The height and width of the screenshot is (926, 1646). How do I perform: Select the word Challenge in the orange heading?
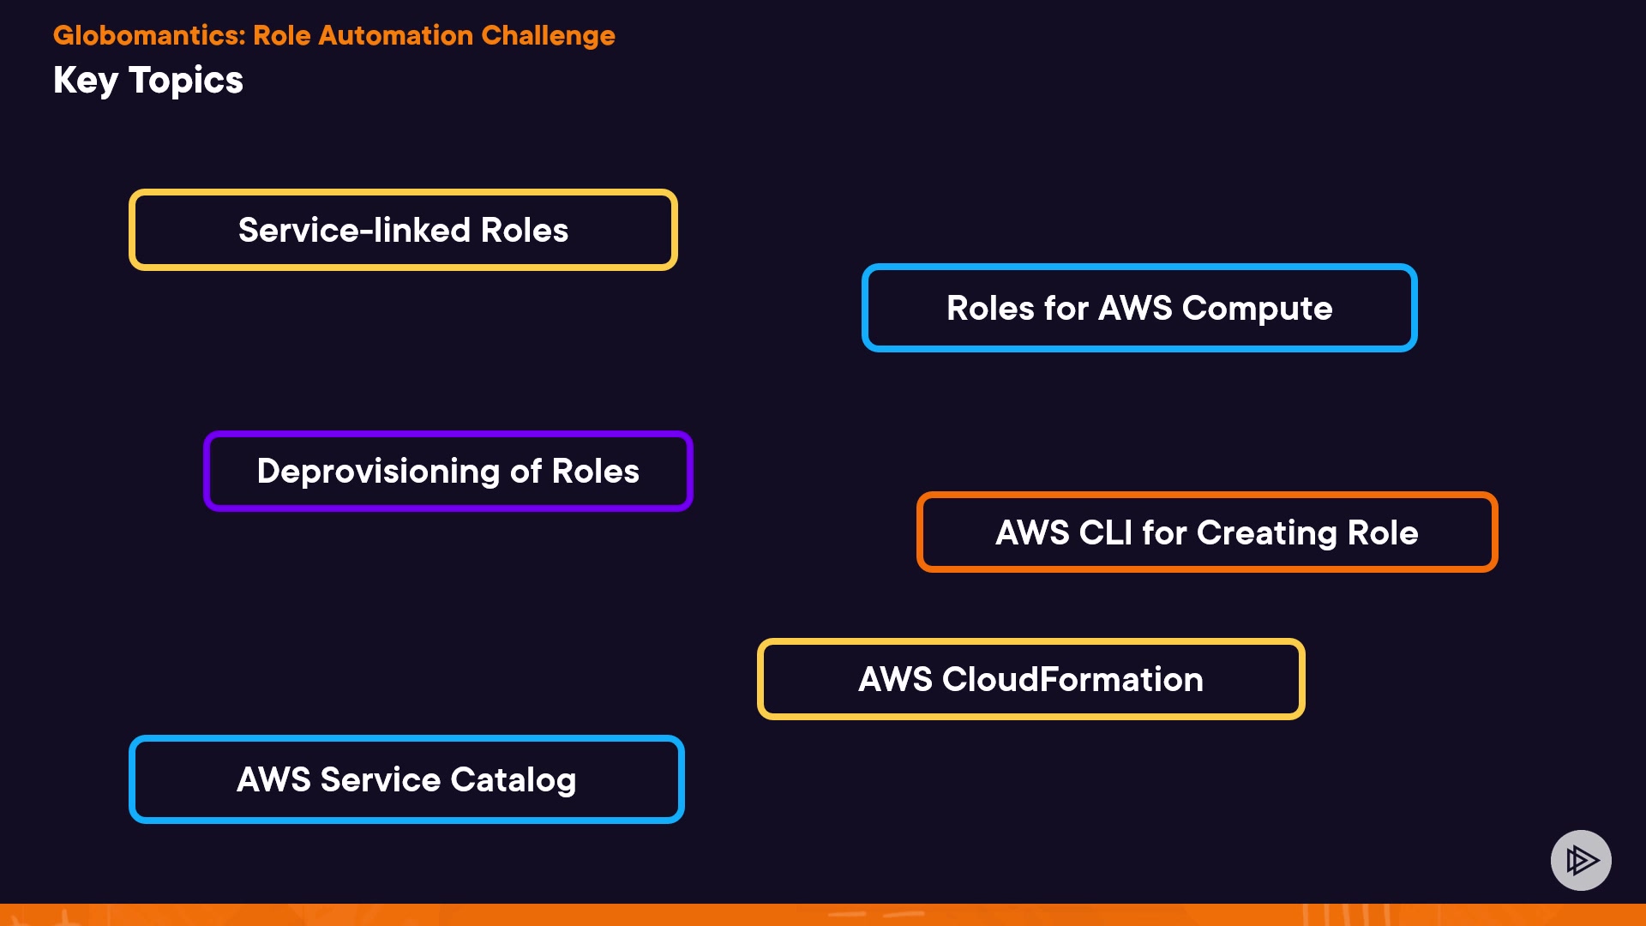[548, 35]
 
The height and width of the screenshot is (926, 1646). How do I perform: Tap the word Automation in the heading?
[395, 35]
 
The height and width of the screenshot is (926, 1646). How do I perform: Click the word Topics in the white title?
[186, 81]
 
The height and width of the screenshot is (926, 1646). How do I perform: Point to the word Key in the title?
[85, 81]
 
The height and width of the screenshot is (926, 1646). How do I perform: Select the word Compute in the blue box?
[1257, 309]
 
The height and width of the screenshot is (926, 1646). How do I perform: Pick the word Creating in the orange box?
[1266, 533]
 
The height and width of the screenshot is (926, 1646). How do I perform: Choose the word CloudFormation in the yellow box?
[1072, 680]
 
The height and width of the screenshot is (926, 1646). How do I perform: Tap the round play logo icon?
[1581, 860]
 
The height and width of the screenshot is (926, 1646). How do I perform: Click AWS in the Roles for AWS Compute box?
[1134, 309]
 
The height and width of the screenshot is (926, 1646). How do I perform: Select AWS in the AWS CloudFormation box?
[895, 680]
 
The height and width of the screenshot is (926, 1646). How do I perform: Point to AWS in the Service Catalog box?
[273, 780]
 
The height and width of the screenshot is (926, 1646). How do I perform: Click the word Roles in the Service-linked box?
[524, 230]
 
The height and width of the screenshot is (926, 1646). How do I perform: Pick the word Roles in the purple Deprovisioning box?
[595, 472]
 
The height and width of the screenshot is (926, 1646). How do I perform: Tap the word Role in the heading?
[281, 35]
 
